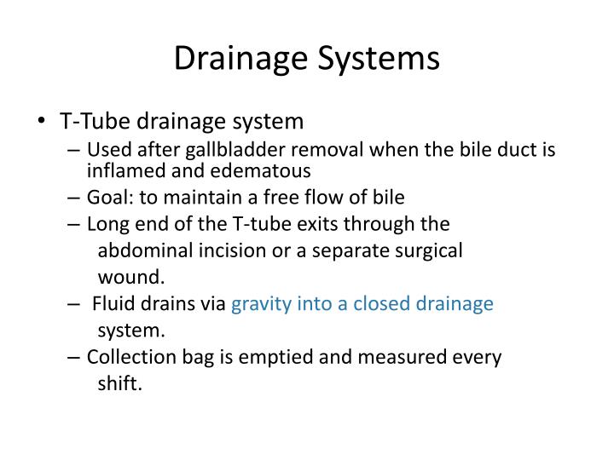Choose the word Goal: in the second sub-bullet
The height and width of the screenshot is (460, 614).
[110, 198]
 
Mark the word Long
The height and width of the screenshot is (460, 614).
[105, 224]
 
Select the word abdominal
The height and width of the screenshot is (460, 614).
[141, 251]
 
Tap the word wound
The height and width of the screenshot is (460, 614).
[130, 278]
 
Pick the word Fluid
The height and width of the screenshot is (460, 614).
[111, 304]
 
